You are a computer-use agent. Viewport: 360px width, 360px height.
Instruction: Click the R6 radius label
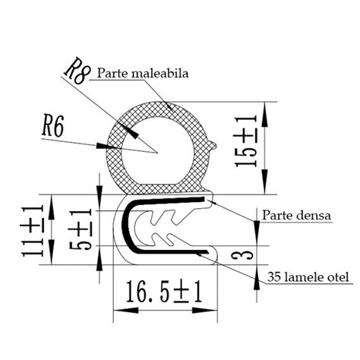point(55,125)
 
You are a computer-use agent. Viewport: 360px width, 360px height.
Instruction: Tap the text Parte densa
point(297,216)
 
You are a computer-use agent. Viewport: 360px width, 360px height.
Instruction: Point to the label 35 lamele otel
point(305,277)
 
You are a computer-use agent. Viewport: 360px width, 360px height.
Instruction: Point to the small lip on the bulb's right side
point(215,141)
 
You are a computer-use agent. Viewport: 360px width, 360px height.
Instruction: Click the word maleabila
point(166,74)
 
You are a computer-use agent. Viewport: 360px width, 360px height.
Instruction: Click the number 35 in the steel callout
point(275,277)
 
